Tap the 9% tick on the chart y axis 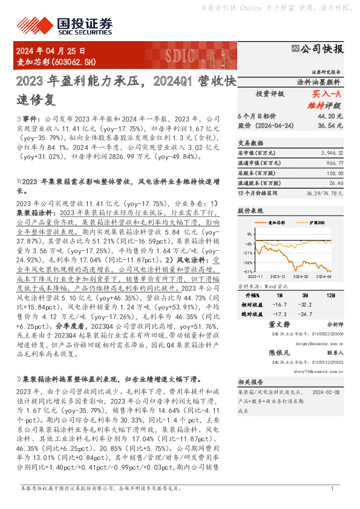(249, 233)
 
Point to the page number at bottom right (332, 488)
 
